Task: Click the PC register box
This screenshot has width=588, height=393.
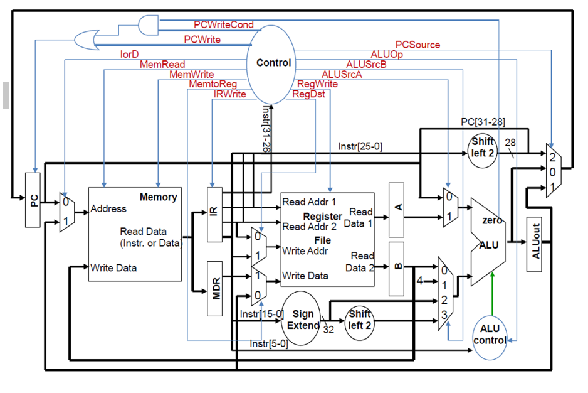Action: [34, 199]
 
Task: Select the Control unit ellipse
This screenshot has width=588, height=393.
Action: [274, 63]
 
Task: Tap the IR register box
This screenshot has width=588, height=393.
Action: [214, 213]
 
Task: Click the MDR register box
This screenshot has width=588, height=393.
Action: [215, 287]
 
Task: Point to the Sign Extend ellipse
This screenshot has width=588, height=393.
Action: [302, 319]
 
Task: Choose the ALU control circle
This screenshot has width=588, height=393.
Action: [490, 335]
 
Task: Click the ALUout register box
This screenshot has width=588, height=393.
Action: [533, 245]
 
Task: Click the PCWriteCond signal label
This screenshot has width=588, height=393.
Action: [224, 25]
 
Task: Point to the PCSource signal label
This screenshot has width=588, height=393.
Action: [417, 45]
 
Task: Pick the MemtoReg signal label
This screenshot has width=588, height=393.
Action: [213, 84]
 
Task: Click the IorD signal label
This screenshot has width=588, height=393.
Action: [129, 55]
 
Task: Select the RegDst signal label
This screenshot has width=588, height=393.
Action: [309, 94]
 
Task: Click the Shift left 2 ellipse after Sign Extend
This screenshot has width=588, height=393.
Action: [360, 319]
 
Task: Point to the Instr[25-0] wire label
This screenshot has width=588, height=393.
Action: [360, 146]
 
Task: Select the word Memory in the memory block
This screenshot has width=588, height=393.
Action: [158, 197]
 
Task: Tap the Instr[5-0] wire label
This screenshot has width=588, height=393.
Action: [268, 343]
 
